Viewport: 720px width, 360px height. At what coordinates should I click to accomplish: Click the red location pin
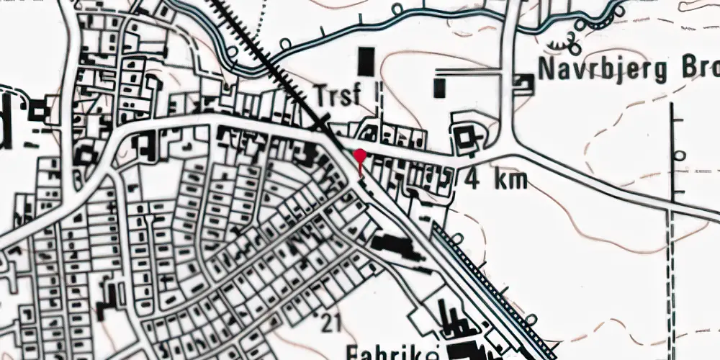(359, 155)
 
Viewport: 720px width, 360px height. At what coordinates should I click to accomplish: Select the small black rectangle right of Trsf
(439, 89)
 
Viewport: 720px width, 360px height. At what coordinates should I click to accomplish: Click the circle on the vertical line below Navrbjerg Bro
(678, 155)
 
